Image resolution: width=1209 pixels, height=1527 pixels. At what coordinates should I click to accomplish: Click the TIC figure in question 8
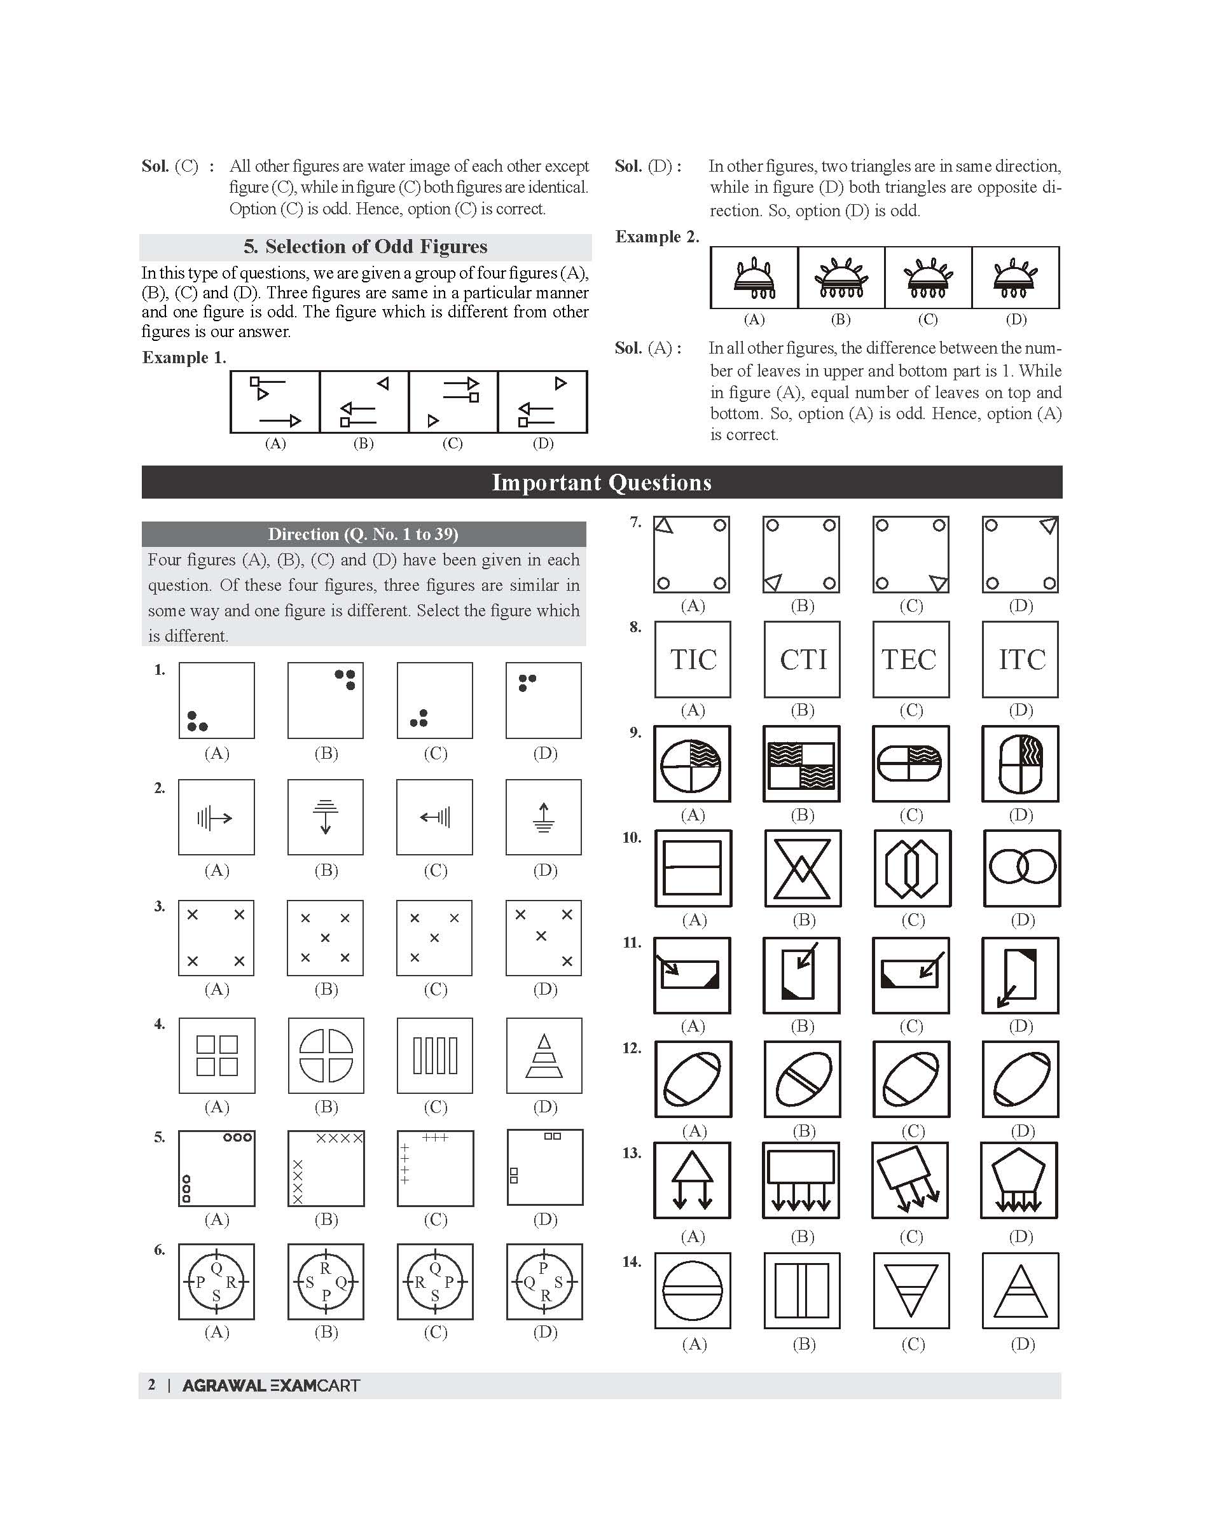coord(693,659)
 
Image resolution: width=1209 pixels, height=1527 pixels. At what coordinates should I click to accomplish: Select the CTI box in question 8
coord(802,659)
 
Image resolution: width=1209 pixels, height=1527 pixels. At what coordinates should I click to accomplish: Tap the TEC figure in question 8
coord(911,659)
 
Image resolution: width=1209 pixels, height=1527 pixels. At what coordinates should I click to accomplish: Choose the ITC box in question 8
coord(1021,659)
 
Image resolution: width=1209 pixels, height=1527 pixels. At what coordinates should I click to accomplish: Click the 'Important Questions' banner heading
coord(602,482)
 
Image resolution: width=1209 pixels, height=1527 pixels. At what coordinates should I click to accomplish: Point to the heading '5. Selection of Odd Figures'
coord(365,246)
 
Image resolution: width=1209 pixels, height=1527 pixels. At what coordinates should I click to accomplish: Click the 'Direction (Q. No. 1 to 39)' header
coord(363,534)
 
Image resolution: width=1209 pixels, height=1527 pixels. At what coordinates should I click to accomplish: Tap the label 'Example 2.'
coord(657,237)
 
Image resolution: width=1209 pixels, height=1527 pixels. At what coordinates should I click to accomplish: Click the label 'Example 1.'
coord(184,357)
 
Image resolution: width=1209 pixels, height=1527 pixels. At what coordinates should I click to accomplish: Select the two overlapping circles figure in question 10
coord(1022,868)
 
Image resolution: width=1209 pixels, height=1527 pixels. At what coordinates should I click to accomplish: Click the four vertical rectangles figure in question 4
coord(435,1056)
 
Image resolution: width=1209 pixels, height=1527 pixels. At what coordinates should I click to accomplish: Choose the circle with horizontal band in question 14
coord(693,1290)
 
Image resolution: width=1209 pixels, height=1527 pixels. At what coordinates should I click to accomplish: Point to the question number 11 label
coord(632,943)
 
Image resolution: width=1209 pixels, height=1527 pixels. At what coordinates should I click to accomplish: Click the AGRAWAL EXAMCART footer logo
coord(271,1385)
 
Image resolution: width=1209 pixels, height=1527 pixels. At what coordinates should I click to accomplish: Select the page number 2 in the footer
coord(151,1385)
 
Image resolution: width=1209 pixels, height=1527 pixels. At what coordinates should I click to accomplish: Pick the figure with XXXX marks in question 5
coord(326,1168)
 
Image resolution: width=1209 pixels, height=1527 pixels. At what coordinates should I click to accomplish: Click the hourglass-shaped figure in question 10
coord(803,868)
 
